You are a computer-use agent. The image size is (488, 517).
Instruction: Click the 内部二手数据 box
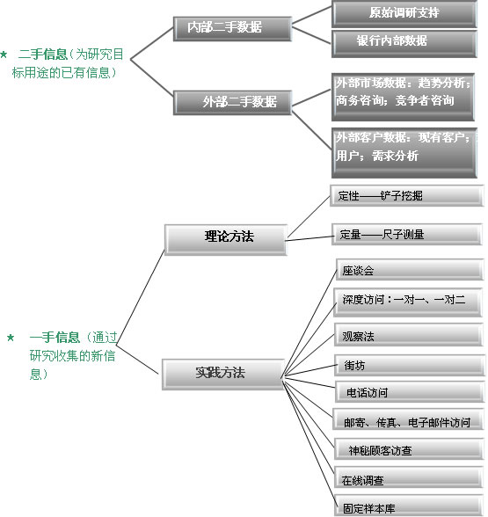[x=232, y=29]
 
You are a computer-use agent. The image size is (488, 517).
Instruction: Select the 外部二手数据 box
[x=232, y=103]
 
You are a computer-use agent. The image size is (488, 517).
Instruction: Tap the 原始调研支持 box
[x=404, y=14]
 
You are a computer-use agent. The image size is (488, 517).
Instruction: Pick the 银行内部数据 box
[x=404, y=44]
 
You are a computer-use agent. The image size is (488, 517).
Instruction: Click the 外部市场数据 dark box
[x=403, y=97]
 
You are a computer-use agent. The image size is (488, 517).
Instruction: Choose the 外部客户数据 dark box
[x=404, y=153]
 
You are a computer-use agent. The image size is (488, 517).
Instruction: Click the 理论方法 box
[x=226, y=240]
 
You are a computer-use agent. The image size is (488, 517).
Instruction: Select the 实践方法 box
[x=223, y=375]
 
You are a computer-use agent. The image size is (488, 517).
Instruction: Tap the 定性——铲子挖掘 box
[x=407, y=195]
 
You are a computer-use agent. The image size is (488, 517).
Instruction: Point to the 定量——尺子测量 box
[x=407, y=234]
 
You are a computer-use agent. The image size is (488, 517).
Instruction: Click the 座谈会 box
[x=410, y=269]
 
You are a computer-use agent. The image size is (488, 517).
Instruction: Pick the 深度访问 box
[x=408, y=302]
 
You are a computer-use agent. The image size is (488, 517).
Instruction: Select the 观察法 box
[x=409, y=334]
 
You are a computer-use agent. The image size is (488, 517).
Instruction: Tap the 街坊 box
[x=410, y=366]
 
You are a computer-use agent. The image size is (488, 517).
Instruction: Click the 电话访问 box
[x=410, y=392]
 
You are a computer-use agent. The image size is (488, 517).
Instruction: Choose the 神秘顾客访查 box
[x=409, y=448]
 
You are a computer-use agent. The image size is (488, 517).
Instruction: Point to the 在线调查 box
[x=409, y=477]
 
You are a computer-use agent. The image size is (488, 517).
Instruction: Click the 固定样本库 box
[x=409, y=505]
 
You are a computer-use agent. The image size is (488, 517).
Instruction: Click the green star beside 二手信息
[x=4, y=55]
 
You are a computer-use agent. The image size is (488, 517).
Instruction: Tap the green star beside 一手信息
[x=11, y=338]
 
